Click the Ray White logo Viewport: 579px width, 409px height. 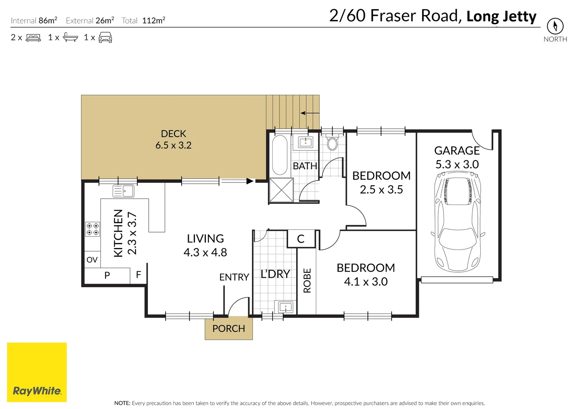pyautogui.click(x=37, y=372)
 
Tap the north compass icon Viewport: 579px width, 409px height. pyautogui.click(x=555, y=26)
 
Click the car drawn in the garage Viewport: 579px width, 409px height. pyautogui.click(x=458, y=222)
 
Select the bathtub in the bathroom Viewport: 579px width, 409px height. pyautogui.click(x=280, y=155)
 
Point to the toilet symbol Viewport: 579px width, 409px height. pyautogui.click(x=332, y=142)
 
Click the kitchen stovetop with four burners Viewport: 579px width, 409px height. pyautogui.click(x=93, y=229)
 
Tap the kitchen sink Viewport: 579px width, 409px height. pyautogui.click(x=123, y=191)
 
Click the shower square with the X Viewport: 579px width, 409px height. pyautogui.click(x=281, y=190)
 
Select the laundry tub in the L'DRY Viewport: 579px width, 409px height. pyautogui.click(x=286, y=307)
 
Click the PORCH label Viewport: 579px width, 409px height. pyautogui.click(x=229, y=328)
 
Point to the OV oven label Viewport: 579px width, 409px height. pyautogui.click(x=92, y=260)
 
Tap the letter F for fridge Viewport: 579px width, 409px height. pyautogui.click(x=138, y=275)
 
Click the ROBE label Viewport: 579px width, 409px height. pyautogui.click(x=307, y=281)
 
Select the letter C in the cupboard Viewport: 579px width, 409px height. pyautogui.click(x=301, y=239)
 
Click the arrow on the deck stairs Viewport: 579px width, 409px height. pyautogui.click(x=310, y=113)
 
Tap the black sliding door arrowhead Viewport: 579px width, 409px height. pyautogui.click(x=250, y=181)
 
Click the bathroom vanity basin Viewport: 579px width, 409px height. pyautogui.click(x=306, y=142)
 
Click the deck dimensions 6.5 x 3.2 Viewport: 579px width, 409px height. pyautogui.click(x=173, y=145)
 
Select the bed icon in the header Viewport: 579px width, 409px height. pyautogui.click(x=33, y=38)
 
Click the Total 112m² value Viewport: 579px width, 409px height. pyautogui.click(x=154, y=20)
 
